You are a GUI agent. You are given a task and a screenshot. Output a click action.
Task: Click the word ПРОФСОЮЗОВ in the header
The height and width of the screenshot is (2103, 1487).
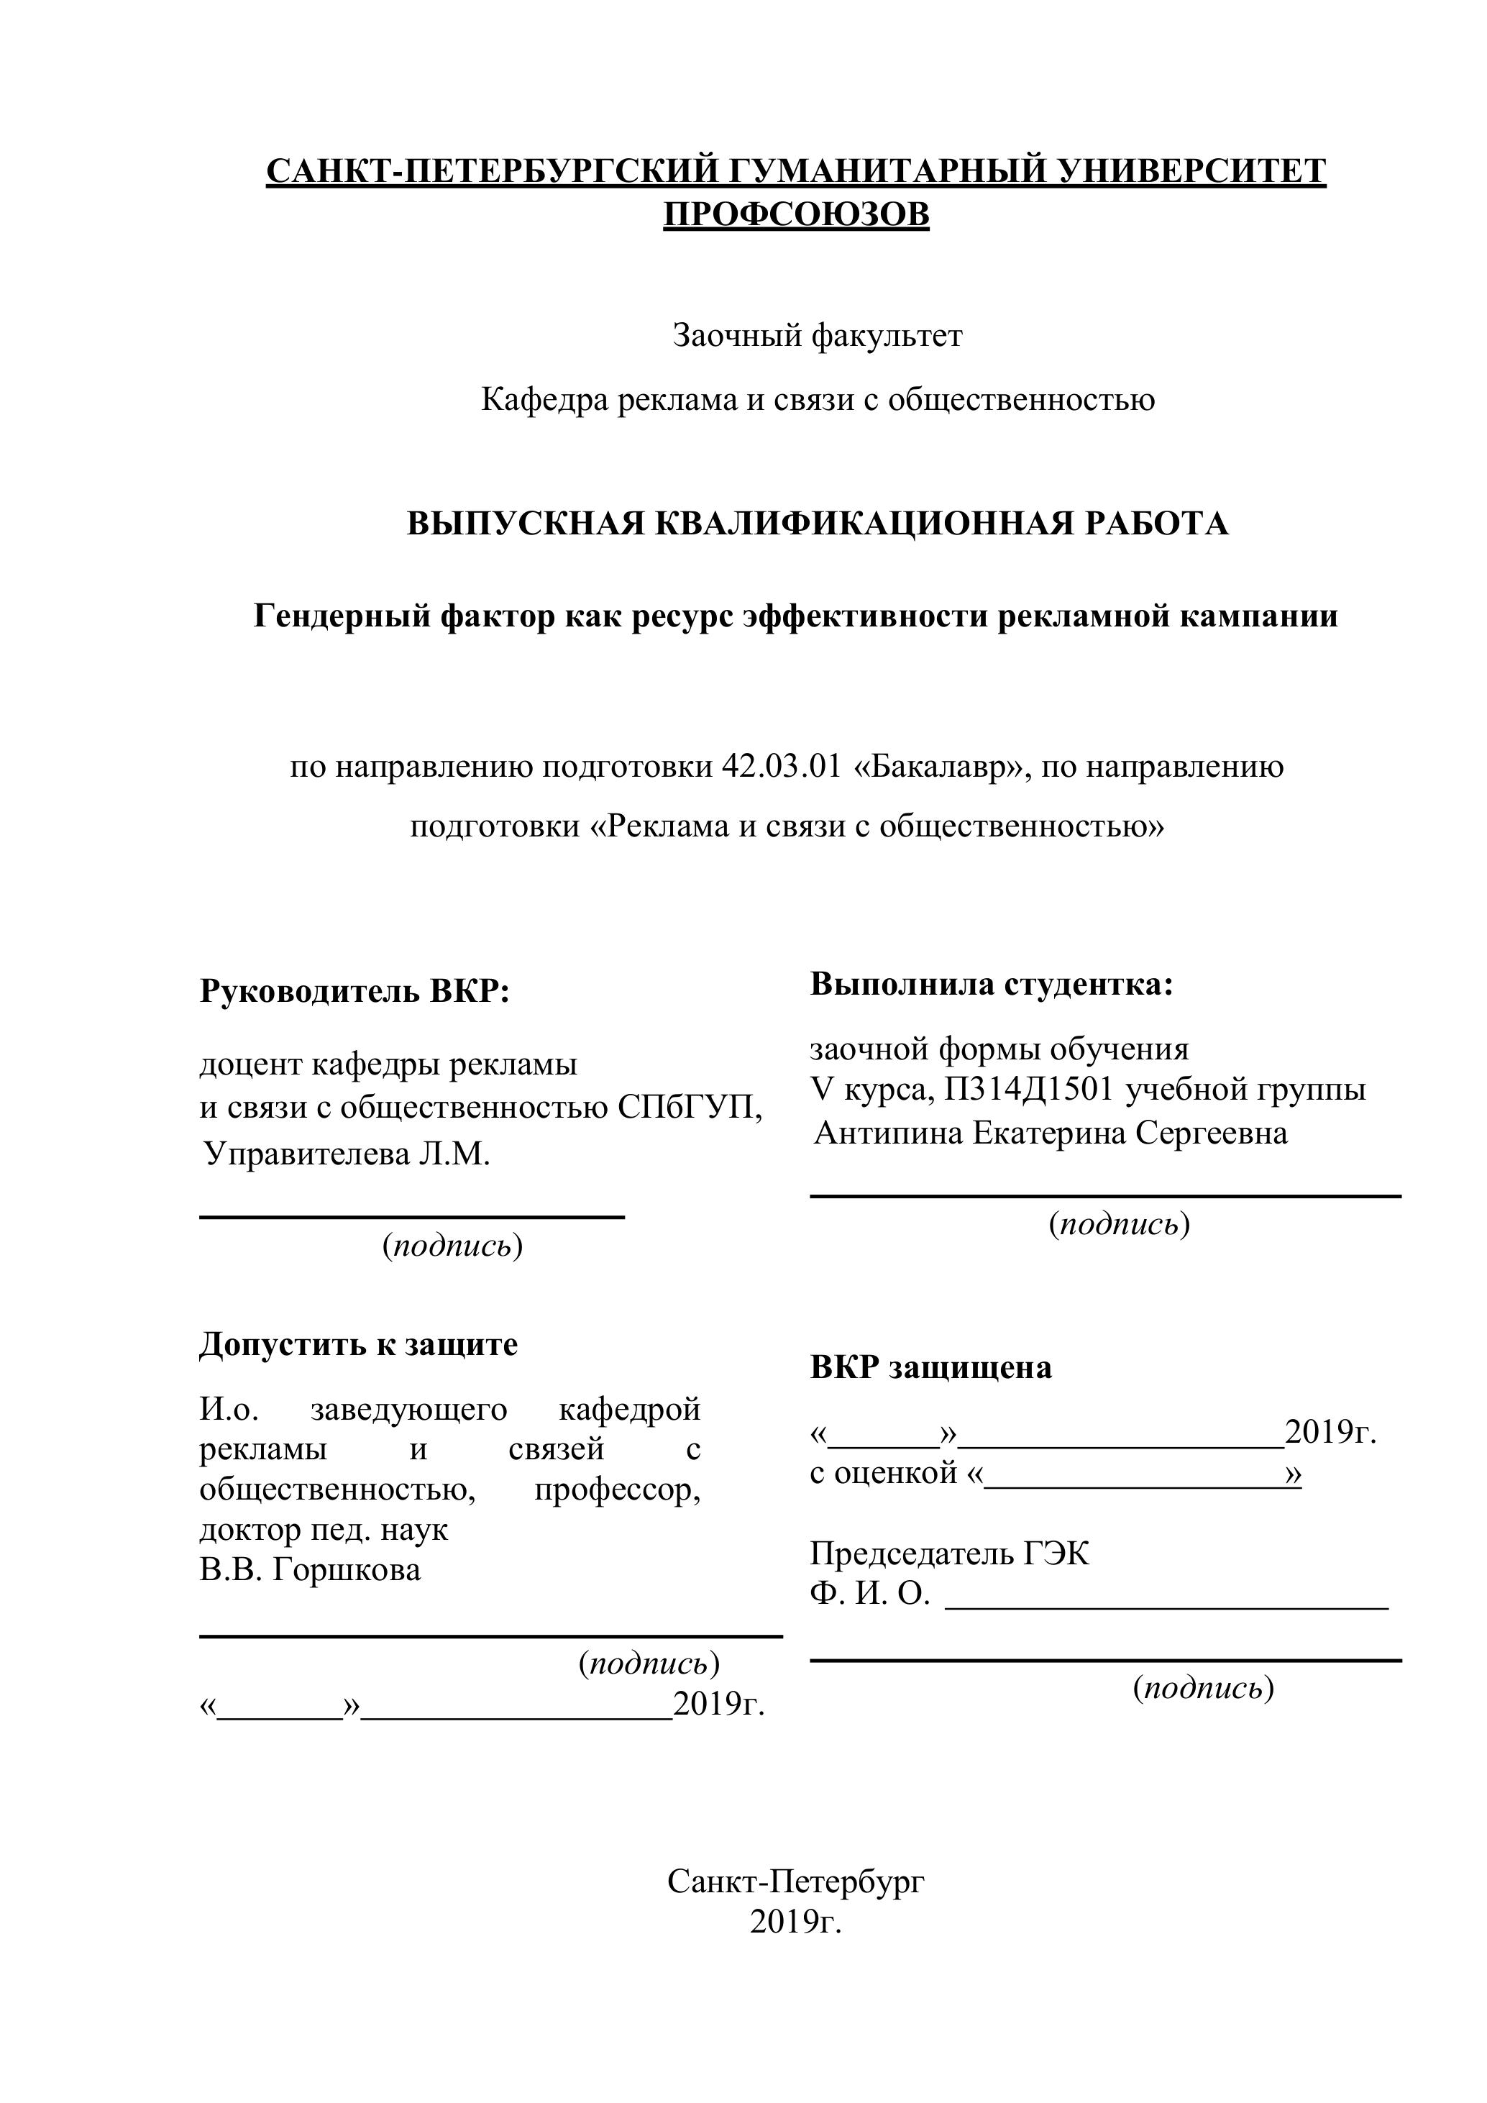click(x=796, y=214)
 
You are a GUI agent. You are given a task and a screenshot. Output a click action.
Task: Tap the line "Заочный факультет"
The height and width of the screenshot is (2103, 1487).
click(x=818, y=336)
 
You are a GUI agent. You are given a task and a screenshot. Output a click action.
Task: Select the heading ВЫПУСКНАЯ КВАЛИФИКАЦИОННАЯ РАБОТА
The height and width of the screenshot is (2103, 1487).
click(x=817, y=523)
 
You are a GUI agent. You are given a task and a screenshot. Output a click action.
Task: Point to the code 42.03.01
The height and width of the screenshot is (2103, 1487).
click(x=781, y=766)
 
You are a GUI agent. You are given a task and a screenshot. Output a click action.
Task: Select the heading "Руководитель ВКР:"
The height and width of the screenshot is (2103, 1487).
click(x=354, y=991)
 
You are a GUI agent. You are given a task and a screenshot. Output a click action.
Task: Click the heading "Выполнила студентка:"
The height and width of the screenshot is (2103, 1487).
click(x=991, y=985)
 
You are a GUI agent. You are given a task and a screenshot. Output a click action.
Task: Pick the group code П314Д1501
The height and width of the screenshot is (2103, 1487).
click(x=1030, y=1089)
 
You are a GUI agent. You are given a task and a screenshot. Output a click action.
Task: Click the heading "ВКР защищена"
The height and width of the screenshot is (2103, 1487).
click(x=930, y=1367)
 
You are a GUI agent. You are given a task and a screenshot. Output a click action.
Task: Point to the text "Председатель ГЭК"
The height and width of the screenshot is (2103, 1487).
click(x=950, y=1554)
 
